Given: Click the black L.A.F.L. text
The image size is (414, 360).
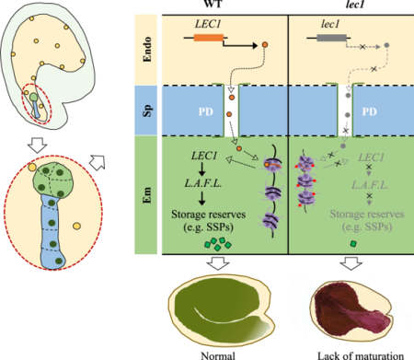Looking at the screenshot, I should click(x=201, y=187).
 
